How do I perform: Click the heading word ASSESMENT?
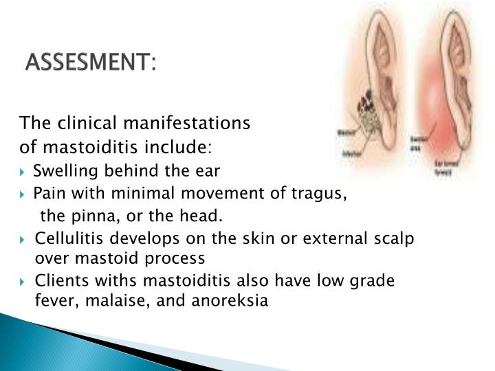[x=90, y=65]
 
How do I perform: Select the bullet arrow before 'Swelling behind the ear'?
[x=25, y=171]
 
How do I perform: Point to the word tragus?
[x=321, y=193]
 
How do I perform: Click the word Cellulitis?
[x=67, y=240]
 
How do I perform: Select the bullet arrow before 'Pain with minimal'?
[x=25, y=194]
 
